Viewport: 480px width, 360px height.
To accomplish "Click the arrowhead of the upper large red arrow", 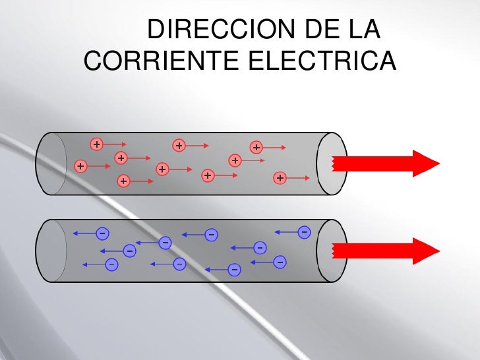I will tap(426, 163).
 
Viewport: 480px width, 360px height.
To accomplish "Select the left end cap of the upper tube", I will tap(51, 164).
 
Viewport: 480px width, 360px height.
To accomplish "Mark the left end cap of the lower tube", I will tap(51, 251).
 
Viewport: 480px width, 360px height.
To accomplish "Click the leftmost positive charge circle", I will tap(80, 166).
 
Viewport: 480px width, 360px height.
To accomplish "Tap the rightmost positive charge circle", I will tap(280, 178).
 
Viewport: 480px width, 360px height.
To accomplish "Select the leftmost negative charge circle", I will tap(102, 232).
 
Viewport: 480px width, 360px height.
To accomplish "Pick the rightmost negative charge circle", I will tap(304, 232).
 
